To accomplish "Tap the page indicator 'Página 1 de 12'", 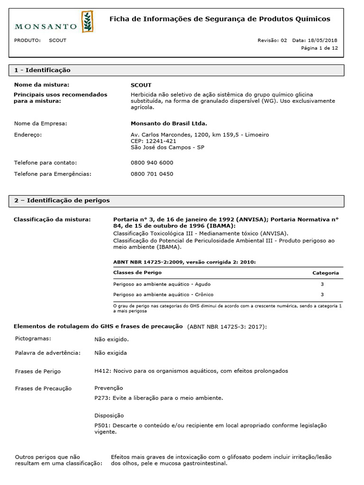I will point(319,48).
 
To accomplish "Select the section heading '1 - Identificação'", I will point(42,70).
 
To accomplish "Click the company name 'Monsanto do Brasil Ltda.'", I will point(169,124).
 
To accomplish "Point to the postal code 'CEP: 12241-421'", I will point(153,141).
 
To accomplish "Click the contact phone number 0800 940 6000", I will point(152,162).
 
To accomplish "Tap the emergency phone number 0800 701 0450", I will point(152,174).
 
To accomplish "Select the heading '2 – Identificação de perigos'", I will point(62,200).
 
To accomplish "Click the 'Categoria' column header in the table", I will point(325,273).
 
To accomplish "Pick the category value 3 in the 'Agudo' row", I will point(322,284).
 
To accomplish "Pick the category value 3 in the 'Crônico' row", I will point(322,295).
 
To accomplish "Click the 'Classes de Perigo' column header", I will point(137,273).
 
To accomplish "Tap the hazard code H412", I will point(102,371).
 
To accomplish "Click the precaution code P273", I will point(102,398).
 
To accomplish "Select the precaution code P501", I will point(102,425).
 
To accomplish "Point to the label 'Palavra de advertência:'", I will point(47,353).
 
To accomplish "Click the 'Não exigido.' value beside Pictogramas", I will point(111,339).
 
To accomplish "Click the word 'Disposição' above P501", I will point(109,415).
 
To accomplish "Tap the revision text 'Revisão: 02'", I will point(272,40).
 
